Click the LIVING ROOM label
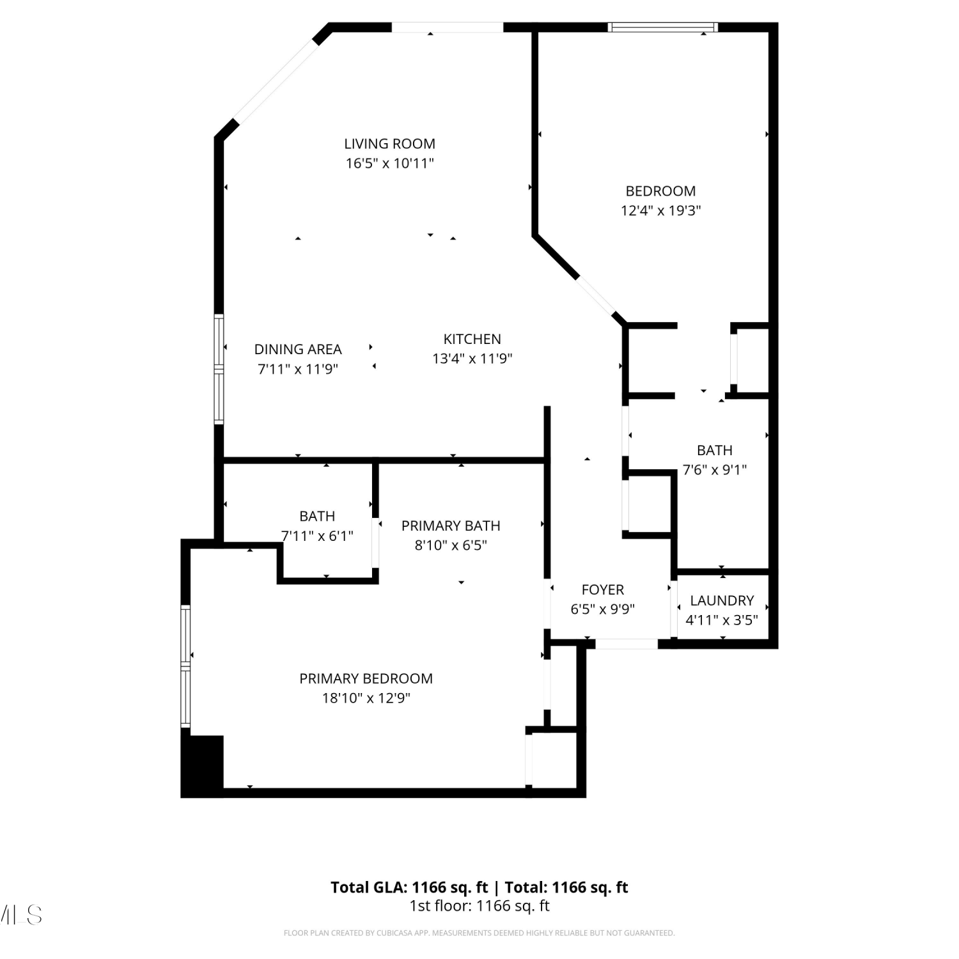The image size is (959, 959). click(x=389, y=144)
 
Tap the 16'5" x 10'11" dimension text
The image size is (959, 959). click(x=389, y=163)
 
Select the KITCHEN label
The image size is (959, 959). click(x=472, y=339)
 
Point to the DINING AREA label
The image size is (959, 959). click(x=298, y=349)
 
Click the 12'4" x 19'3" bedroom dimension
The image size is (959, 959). click(x=660, y=210)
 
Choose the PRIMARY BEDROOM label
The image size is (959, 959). click(x=366, y=678)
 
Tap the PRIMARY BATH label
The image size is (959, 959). click(x=451, y=526)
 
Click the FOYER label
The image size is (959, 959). click(x=602, y=589)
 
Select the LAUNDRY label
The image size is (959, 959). click(x=722, y=600)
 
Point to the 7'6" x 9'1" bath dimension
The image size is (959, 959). click(x=714, y=470)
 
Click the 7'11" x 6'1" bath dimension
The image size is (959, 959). click(x=317, y=536)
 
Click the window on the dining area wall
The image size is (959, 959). click(x=219, y=369)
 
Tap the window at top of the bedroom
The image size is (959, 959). click(x=662, y=27)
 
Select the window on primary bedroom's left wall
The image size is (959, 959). click(x=185, y=666)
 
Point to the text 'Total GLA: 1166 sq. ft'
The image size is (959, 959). click(x=409, y=887)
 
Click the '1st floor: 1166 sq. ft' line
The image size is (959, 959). click(x=479, y=906)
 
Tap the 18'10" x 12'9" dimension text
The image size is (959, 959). click(x=366, y=698)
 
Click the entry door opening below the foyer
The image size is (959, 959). click(x=627, y=644)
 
